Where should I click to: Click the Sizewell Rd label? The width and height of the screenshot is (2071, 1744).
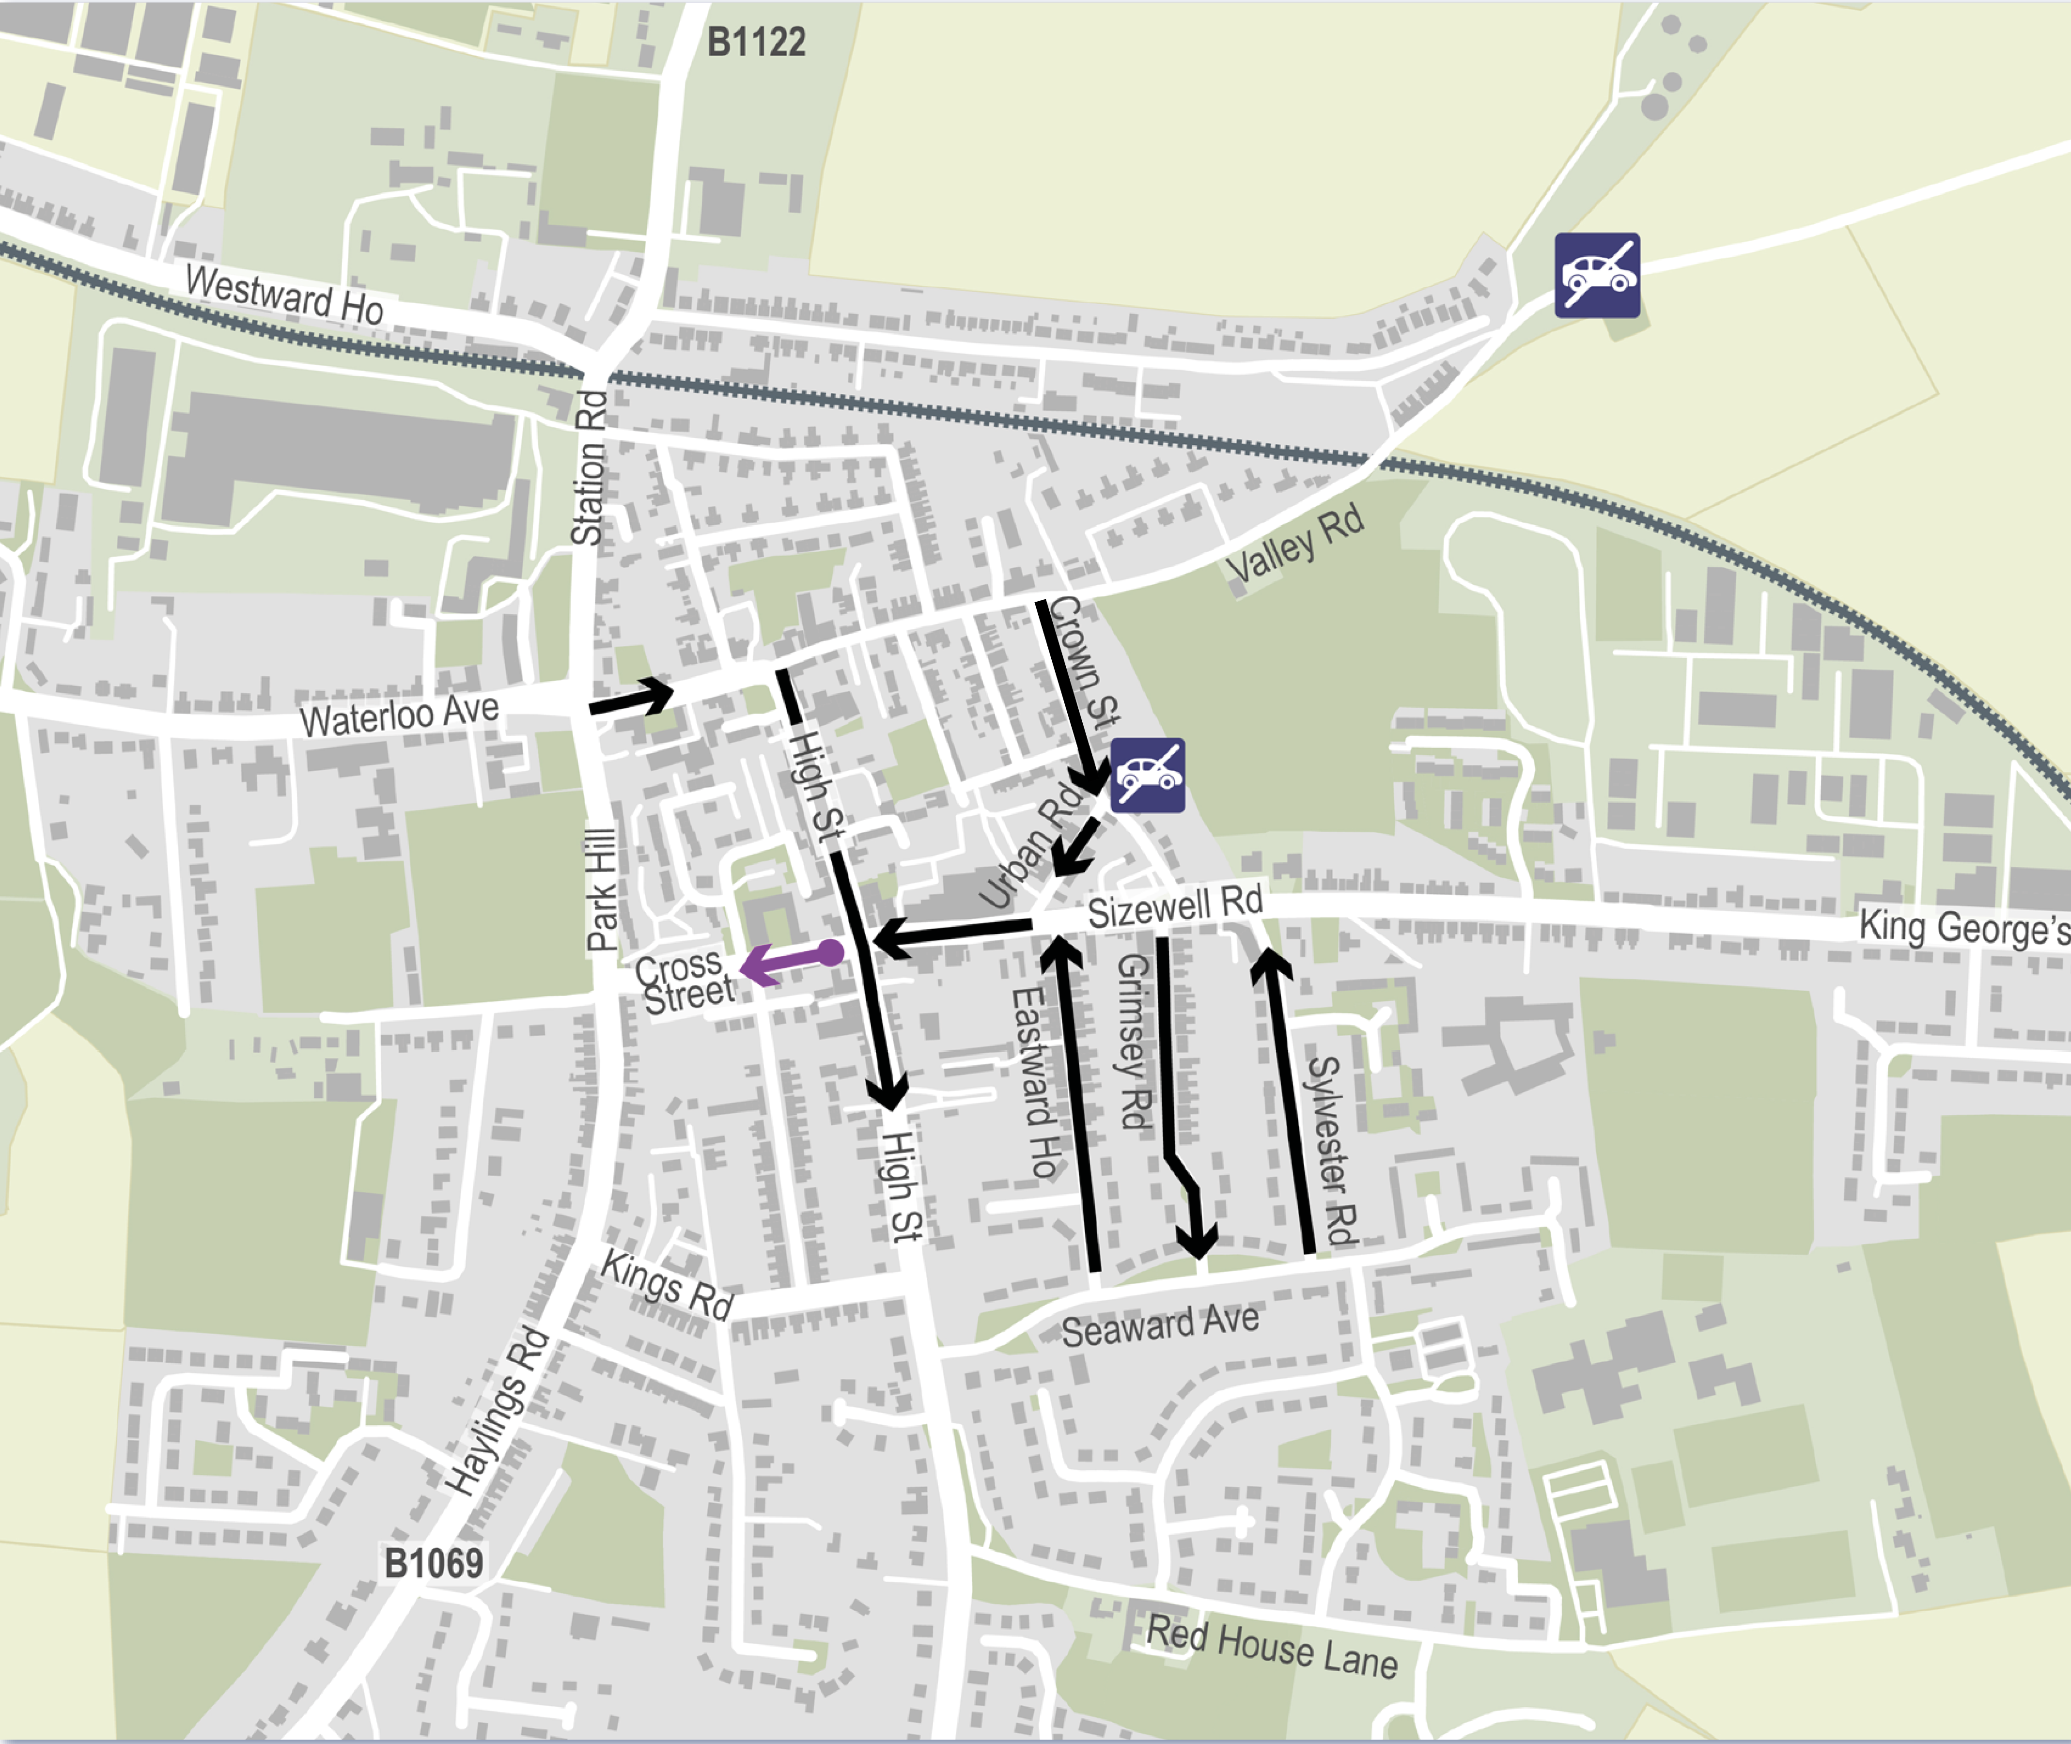(x=1175, y=905)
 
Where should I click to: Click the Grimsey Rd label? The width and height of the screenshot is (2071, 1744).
(x=1134, y=1041)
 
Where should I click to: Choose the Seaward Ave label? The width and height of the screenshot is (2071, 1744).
(x=1160, y=1325)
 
